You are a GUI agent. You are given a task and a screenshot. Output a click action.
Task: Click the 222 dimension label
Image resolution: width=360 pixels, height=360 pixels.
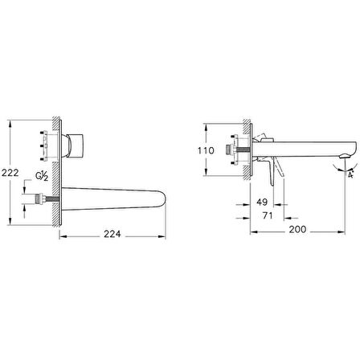10,173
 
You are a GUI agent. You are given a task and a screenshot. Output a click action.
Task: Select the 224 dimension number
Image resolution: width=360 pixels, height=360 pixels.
112,234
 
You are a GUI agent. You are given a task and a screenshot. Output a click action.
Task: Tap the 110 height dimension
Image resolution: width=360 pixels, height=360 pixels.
206,150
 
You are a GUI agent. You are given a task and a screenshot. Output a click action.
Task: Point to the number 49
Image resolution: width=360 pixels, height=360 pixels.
262,202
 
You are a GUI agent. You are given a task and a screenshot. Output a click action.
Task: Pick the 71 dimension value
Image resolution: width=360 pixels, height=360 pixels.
268,215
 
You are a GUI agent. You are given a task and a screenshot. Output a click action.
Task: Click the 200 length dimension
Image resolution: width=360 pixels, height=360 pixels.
297,229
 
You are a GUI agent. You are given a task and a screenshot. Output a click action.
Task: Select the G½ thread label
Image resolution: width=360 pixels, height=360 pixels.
42,176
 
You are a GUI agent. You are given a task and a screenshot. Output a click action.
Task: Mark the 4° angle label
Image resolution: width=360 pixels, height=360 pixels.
350,174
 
